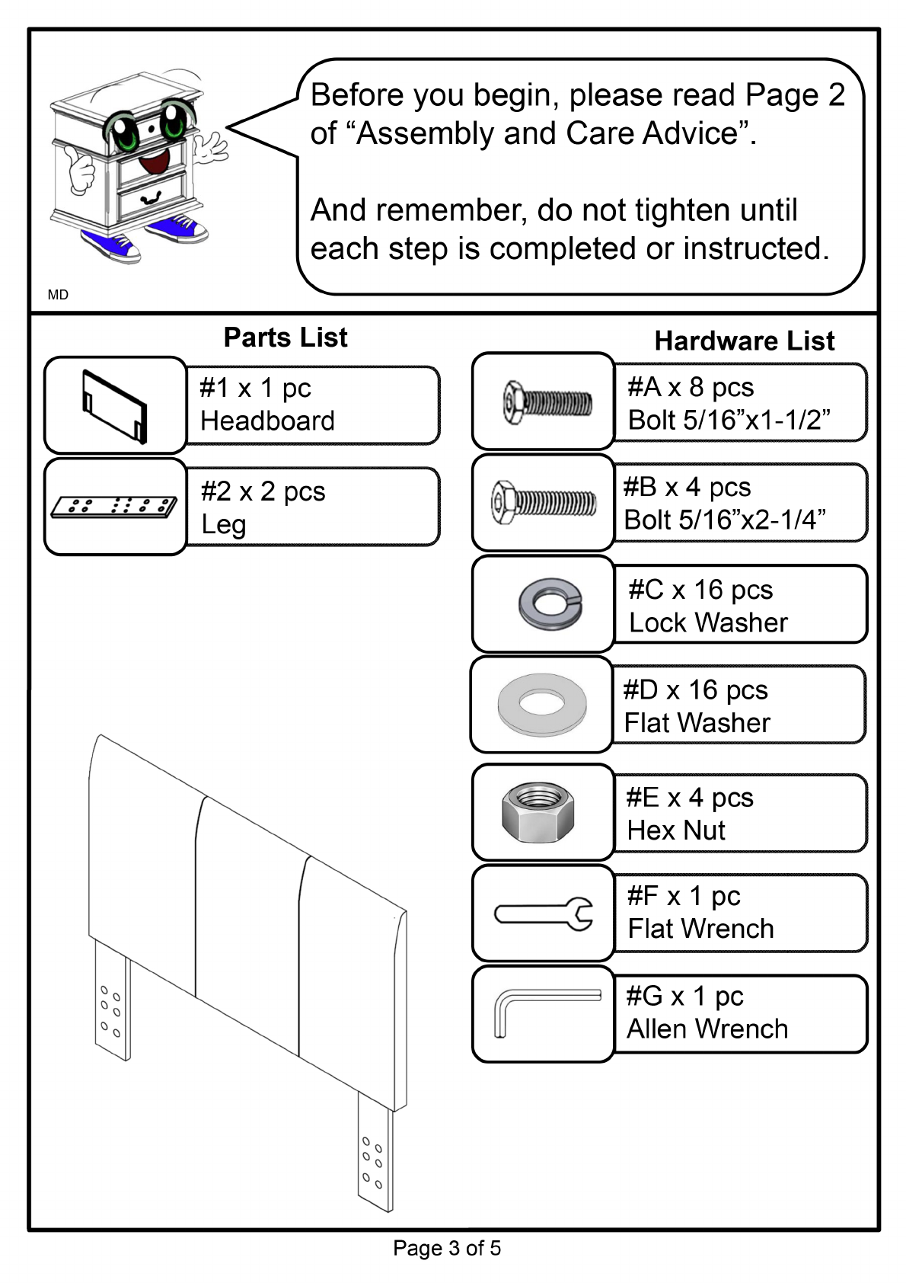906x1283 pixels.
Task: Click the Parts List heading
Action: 286,338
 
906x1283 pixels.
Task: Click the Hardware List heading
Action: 744,341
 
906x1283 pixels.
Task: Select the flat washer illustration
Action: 541,704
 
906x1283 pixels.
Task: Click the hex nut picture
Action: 538,811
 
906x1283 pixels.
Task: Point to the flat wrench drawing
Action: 544,913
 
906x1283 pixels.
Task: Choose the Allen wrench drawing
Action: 545,1012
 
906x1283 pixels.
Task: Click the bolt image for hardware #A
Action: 547,401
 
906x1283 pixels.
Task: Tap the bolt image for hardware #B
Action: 543,502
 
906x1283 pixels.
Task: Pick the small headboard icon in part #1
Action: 114,406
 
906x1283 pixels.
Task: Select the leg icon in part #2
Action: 114,506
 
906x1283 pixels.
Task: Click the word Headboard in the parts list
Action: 267,421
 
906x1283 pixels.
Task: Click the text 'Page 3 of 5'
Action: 447,1248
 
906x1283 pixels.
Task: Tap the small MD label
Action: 58,295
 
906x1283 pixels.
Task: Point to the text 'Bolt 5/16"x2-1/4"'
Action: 725,520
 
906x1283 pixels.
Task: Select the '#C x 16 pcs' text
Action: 700,589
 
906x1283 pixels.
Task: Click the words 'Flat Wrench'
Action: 700,929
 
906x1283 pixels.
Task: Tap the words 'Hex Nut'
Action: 676,830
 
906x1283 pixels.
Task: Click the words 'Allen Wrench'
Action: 707,1029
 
